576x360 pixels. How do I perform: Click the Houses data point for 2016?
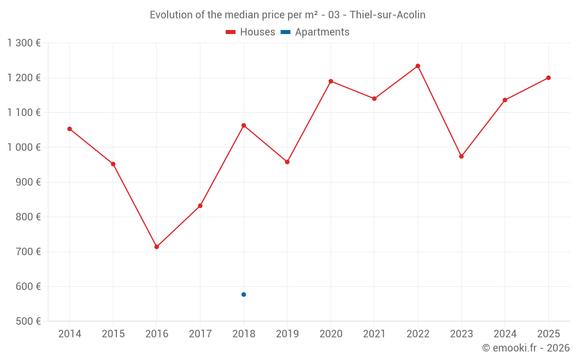[x=157, y=247]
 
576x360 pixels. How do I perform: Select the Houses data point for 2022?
[x=418, y=66]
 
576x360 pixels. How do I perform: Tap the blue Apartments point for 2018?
[x=244, y=294]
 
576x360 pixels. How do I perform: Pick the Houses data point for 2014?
[x=70, y=129]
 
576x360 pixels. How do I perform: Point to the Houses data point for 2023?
[x=461, y=156]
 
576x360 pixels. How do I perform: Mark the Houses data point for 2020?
[x=331, y=81]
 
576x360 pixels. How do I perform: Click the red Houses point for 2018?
[x=244, y=126]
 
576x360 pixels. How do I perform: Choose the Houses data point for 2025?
[x=548, y=78]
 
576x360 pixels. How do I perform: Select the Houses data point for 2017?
[x=200, y=206]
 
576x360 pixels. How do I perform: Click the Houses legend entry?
[x=251, y=32]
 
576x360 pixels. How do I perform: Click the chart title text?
[x=287, y=15]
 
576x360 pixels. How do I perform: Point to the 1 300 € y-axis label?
[x=24, y=43]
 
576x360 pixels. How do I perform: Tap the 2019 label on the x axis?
[x=287, y=334]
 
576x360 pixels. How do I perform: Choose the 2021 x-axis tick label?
[x=374, y=334]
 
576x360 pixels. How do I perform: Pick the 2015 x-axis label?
[x=113, y=334]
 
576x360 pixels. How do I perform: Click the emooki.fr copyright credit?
[x=525, y=348]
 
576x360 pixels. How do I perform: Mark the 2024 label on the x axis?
[x=505, y=334]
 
